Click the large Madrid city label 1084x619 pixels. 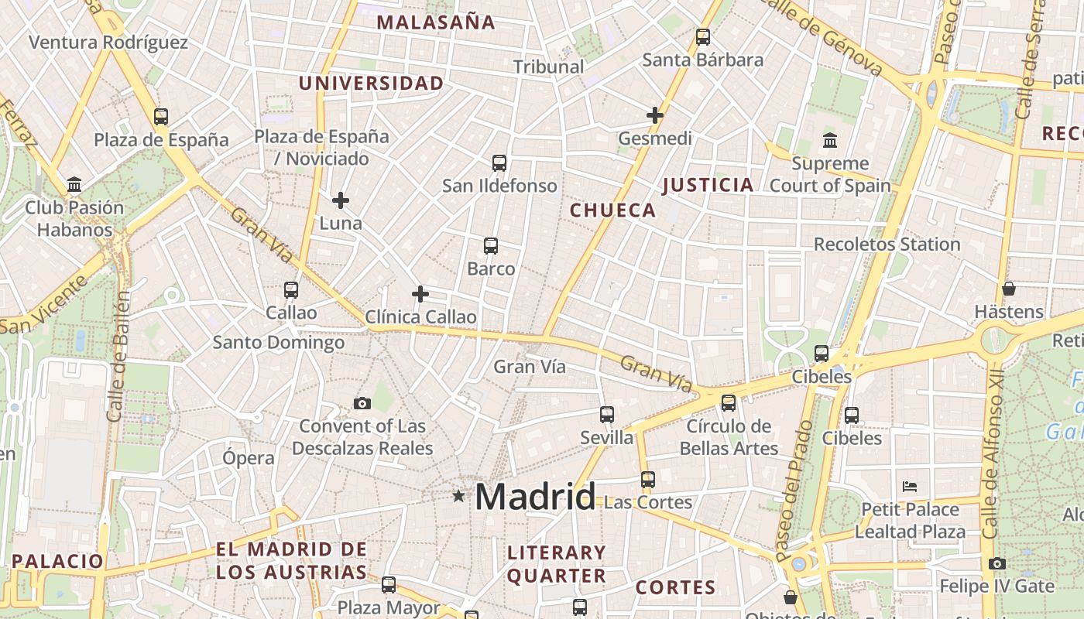[535, 496]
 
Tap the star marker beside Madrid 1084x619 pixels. [459, 495]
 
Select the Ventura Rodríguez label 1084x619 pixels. [108, 42]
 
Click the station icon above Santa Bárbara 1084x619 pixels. [703, 36]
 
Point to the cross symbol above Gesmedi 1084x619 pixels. [655, 115]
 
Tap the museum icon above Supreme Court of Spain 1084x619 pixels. [830, 141]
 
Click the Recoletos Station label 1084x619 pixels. [887, 245]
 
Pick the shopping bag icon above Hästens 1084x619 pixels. [1009, 289]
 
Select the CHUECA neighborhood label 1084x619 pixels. [612, 210]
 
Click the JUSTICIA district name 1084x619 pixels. [708, 185]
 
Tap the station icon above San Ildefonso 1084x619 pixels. [499, 163]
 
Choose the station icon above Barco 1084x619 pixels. [490, 246]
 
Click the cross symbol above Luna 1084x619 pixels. [341, 200]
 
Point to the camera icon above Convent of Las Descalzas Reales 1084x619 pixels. [362, 403]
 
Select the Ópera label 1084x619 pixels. [249, 458]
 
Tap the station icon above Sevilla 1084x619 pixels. [607, 415]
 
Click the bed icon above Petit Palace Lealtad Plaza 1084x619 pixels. [910, 487]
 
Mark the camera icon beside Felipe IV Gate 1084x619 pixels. [997, 563]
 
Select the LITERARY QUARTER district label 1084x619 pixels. [556, 564]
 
